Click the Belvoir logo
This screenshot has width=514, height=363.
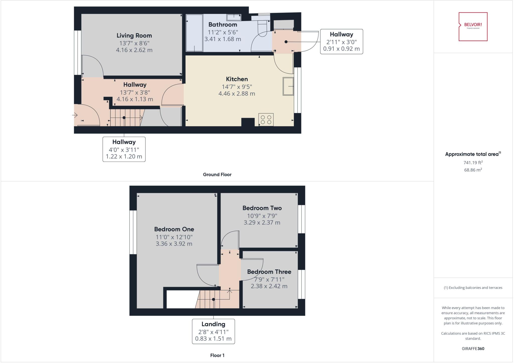tap(473, 26)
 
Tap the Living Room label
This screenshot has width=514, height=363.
tap(134, 36)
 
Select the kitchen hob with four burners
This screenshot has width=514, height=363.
tap(266, 120)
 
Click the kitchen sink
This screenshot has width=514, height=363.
tap(288, 86)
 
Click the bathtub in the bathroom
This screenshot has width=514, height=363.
tap(194, 33)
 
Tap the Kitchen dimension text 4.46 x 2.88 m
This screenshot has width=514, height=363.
tap(237, 94)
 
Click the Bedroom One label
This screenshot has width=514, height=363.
tap(174, 229)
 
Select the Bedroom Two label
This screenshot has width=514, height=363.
tap(262, 208)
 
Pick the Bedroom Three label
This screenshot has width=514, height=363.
tap(269, 272)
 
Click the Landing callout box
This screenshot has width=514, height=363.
tap(213, 331)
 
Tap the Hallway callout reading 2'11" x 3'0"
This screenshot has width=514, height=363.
tap(341, 41)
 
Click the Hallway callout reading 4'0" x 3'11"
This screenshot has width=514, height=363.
tap(124, 149)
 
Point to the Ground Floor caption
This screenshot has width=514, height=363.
tap(217, 175)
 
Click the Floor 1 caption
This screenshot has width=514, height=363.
tap(217, 355)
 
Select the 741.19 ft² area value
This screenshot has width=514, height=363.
tap(473, 163)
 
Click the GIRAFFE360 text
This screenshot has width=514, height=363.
tap(473, 348)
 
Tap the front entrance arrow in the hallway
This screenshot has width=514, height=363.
tap(75, 115)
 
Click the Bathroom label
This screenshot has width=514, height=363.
tap(223, 25)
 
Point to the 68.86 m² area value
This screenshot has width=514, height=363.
tap(473, 170)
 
